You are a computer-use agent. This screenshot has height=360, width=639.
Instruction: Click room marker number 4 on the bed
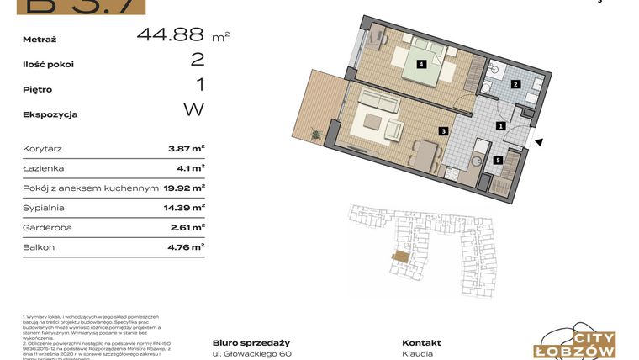(x=420, y=63)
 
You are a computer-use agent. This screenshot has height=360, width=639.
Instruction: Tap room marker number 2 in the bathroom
(x=518, y=83)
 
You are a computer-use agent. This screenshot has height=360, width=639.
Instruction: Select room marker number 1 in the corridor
(x=500, y=126)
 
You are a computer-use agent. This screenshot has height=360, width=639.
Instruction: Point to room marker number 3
(x=443, y=131)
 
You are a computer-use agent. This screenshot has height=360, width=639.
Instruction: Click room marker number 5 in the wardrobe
(x=498, y=160)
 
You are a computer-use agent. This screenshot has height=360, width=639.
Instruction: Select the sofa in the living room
(x=377, y=103)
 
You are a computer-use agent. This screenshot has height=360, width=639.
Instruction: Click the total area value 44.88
(x=170, y=34)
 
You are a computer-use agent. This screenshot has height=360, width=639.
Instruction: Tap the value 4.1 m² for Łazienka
(x=190, y=168)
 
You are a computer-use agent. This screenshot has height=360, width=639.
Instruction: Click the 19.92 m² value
(x=183, y=188)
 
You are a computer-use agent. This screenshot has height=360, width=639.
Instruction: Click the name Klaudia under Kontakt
(x=418, y=354)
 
